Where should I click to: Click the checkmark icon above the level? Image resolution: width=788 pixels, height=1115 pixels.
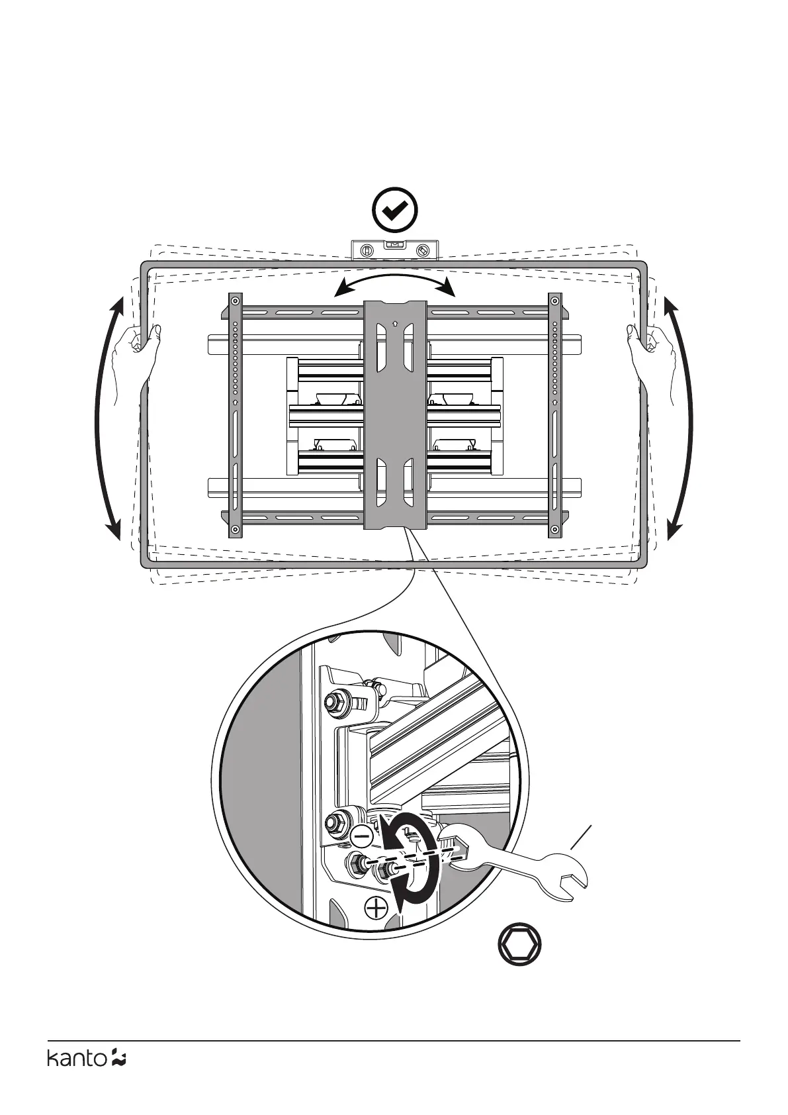point(394,211)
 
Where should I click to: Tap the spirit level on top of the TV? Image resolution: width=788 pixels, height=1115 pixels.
point(394,250)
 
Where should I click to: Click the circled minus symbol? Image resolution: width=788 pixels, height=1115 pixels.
point(363,836)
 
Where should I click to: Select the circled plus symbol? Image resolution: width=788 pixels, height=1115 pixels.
point(376,908)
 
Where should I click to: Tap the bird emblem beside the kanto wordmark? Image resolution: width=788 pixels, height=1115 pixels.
point(119,1077)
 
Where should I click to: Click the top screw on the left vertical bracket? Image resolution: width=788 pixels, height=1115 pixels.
point(235,301)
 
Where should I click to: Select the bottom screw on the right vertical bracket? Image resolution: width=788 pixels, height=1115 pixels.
point(554,529)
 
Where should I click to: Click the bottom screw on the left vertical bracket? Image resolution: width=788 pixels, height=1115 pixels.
point(235,529)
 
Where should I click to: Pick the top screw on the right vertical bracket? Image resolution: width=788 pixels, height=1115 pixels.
point(554,301)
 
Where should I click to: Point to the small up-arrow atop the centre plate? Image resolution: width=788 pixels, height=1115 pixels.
point(394,324)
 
